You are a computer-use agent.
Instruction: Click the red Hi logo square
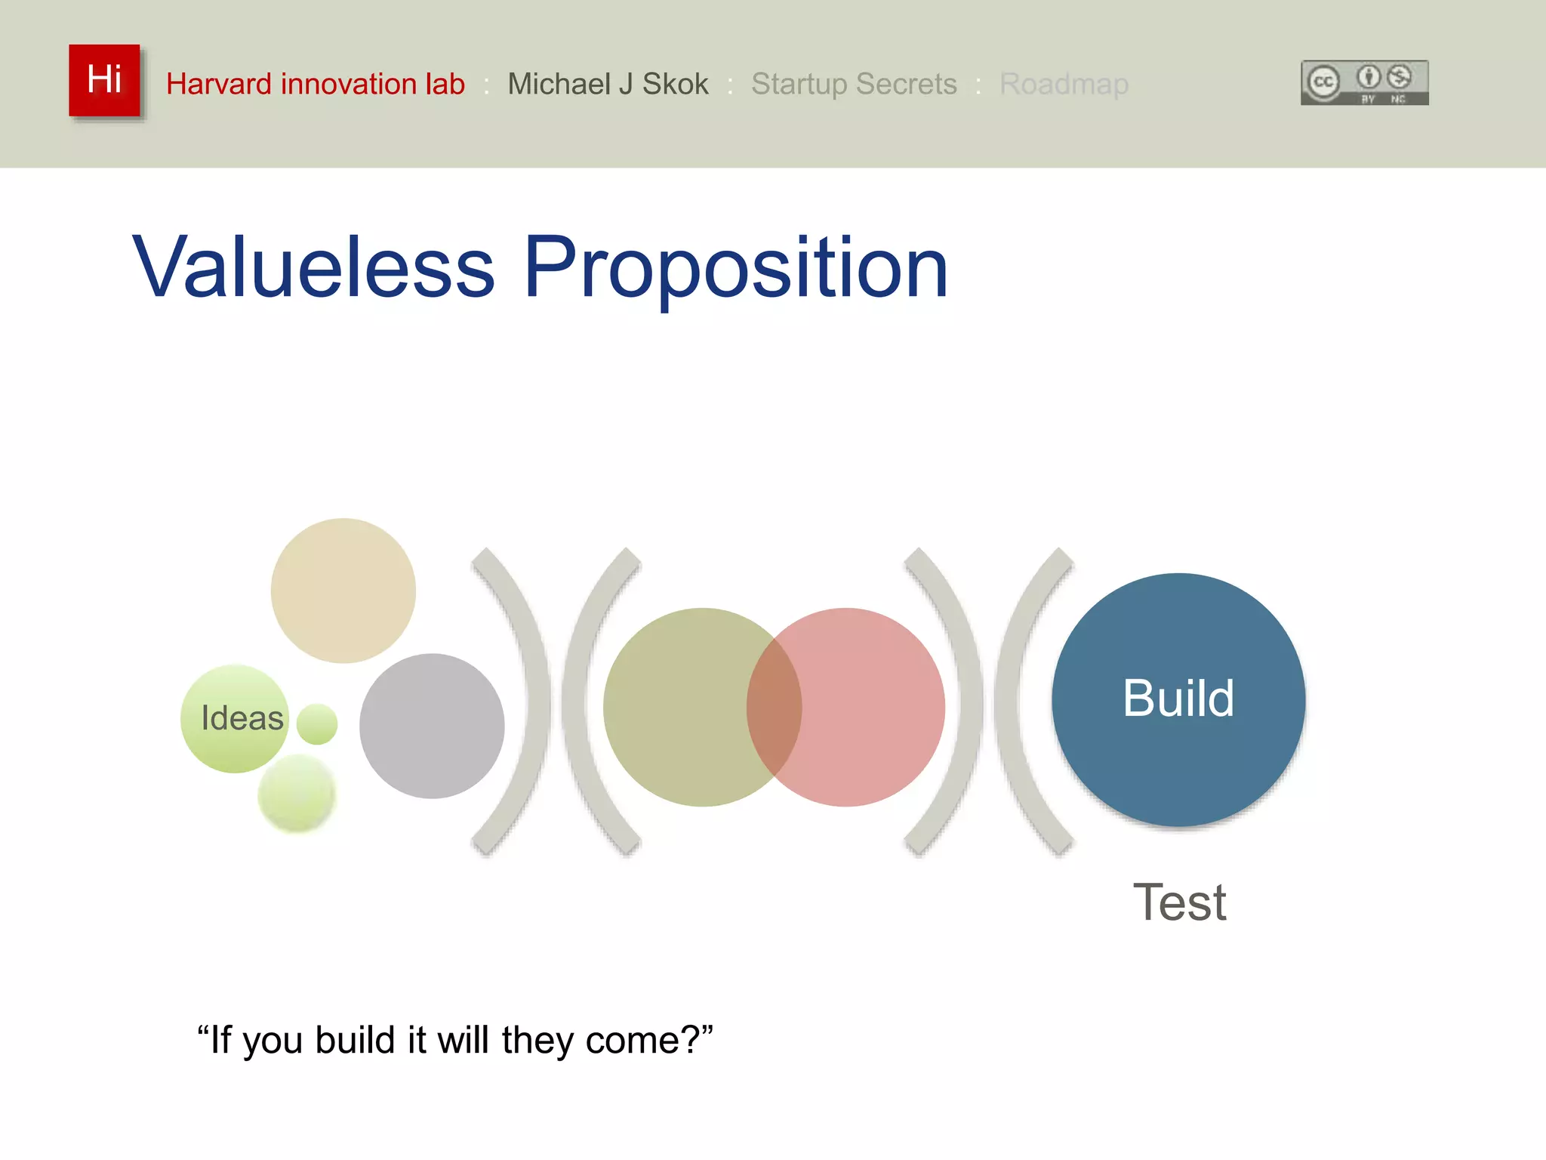click(104, 80)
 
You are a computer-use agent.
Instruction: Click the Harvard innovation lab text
click(315, 84)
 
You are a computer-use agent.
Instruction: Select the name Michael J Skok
click(608, 84)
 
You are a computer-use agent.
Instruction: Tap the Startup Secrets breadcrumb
click(853, 84)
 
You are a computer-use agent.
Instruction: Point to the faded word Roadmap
click(1063, 84)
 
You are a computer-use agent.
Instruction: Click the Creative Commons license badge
click(1364, 82)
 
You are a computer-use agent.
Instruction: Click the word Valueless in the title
click(313, 268)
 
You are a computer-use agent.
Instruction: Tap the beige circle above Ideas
click(343, 590)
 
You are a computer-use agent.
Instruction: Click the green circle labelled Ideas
click(235, 718)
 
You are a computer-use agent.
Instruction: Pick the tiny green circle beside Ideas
click(317, 724)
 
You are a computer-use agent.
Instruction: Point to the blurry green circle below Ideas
click(297, 794)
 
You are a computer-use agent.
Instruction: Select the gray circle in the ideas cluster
click(432, 726)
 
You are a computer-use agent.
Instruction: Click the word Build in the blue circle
click(1178, 698)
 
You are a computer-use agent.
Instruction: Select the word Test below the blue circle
click(1179, 902)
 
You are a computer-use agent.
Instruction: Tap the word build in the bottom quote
click(355, 1040)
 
